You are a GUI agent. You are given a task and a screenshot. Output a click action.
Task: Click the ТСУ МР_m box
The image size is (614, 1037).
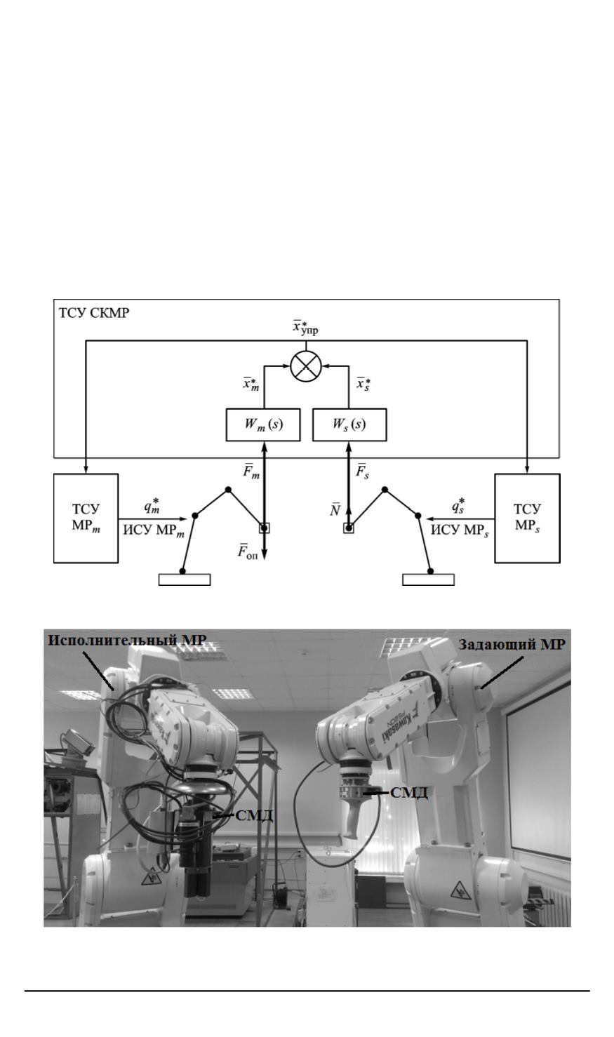point(85,518)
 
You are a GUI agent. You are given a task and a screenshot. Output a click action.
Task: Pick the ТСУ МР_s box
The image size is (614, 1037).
point(527,518)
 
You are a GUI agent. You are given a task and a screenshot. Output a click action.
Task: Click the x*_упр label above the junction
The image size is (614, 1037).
point(305,328)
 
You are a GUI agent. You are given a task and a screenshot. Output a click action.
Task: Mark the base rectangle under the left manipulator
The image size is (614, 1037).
point(184,580)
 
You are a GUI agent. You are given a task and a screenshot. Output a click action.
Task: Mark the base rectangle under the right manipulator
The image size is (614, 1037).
point(428,580)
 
